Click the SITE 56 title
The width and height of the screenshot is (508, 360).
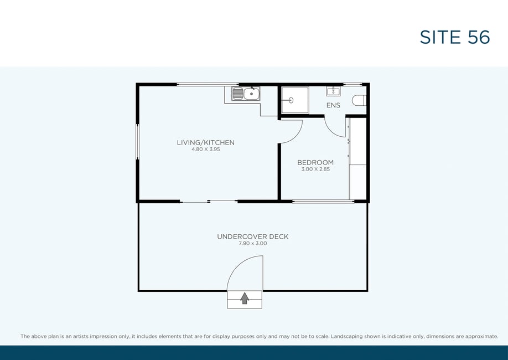click(x=454, y=37)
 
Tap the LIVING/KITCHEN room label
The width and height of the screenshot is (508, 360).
click(x=206, y=142)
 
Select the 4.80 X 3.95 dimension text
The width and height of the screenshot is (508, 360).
click(x=206, y=150)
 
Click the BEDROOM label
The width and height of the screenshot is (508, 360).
click(x=315, y=162)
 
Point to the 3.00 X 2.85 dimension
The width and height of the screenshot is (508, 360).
click(x=315, y=169)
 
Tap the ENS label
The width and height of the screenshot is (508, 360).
click(x=333, y=105)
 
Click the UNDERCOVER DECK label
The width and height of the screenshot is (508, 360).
click(x=253, y=236)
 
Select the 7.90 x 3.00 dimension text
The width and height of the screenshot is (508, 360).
click(x=253, y=244)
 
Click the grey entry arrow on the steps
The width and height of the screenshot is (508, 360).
click(x=245, y=299)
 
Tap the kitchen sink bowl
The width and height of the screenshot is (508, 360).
click(x=251, y=94)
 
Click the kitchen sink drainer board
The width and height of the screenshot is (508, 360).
click(x=238, y=94)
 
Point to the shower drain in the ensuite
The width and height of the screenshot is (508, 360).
click(x=291, y=100)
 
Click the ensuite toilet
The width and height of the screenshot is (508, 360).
click(x=359, y=100)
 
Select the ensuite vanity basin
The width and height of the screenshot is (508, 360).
click(x=333, y=91)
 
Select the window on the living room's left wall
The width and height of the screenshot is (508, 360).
click(x=137, y=141)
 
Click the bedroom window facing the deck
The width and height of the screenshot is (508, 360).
click(x=323, y=202)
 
